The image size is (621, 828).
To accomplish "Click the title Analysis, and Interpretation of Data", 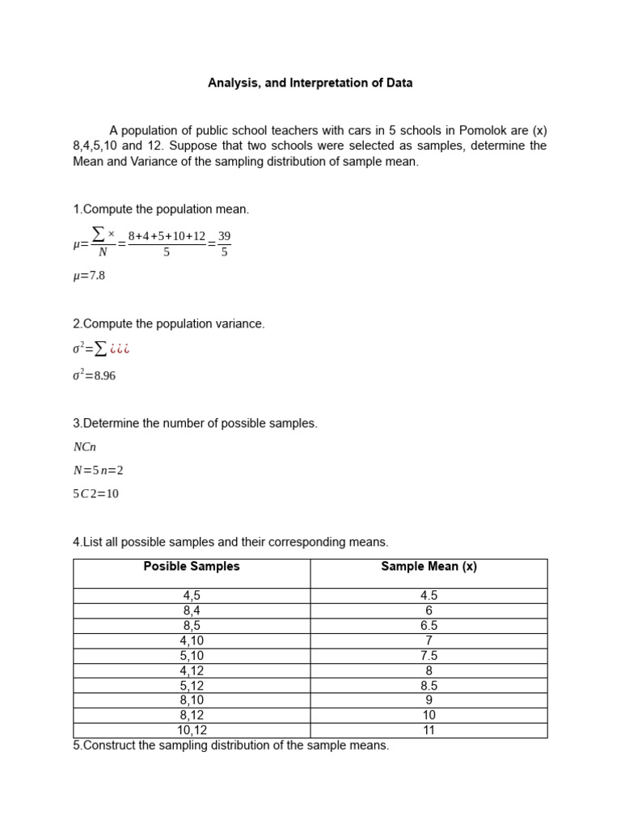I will pos(310,82).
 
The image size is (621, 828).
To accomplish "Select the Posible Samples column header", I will pos(192,567).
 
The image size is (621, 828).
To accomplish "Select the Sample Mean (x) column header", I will pos(429,567).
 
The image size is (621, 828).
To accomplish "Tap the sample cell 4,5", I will pos(192,596).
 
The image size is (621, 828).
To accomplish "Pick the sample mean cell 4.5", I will pos(429,596).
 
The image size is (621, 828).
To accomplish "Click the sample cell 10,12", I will pos(192,730).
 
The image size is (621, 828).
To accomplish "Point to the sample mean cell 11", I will pos(429,730).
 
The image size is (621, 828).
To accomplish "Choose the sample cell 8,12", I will pos(192,716).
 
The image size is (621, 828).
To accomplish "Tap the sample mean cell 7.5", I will pos(429,656).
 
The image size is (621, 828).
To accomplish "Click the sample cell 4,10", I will pos(192,640).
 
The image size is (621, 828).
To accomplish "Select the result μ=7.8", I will pos(89,276).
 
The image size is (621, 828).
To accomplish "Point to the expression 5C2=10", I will pos(95,493).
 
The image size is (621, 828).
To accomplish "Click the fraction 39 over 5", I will pos(224,243).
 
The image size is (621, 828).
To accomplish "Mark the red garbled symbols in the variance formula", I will pos(119,349).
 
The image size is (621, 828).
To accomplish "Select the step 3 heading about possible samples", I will pos(195,424).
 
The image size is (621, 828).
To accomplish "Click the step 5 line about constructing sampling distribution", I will pos(230,746).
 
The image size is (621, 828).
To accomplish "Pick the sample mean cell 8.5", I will pos(429,686).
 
